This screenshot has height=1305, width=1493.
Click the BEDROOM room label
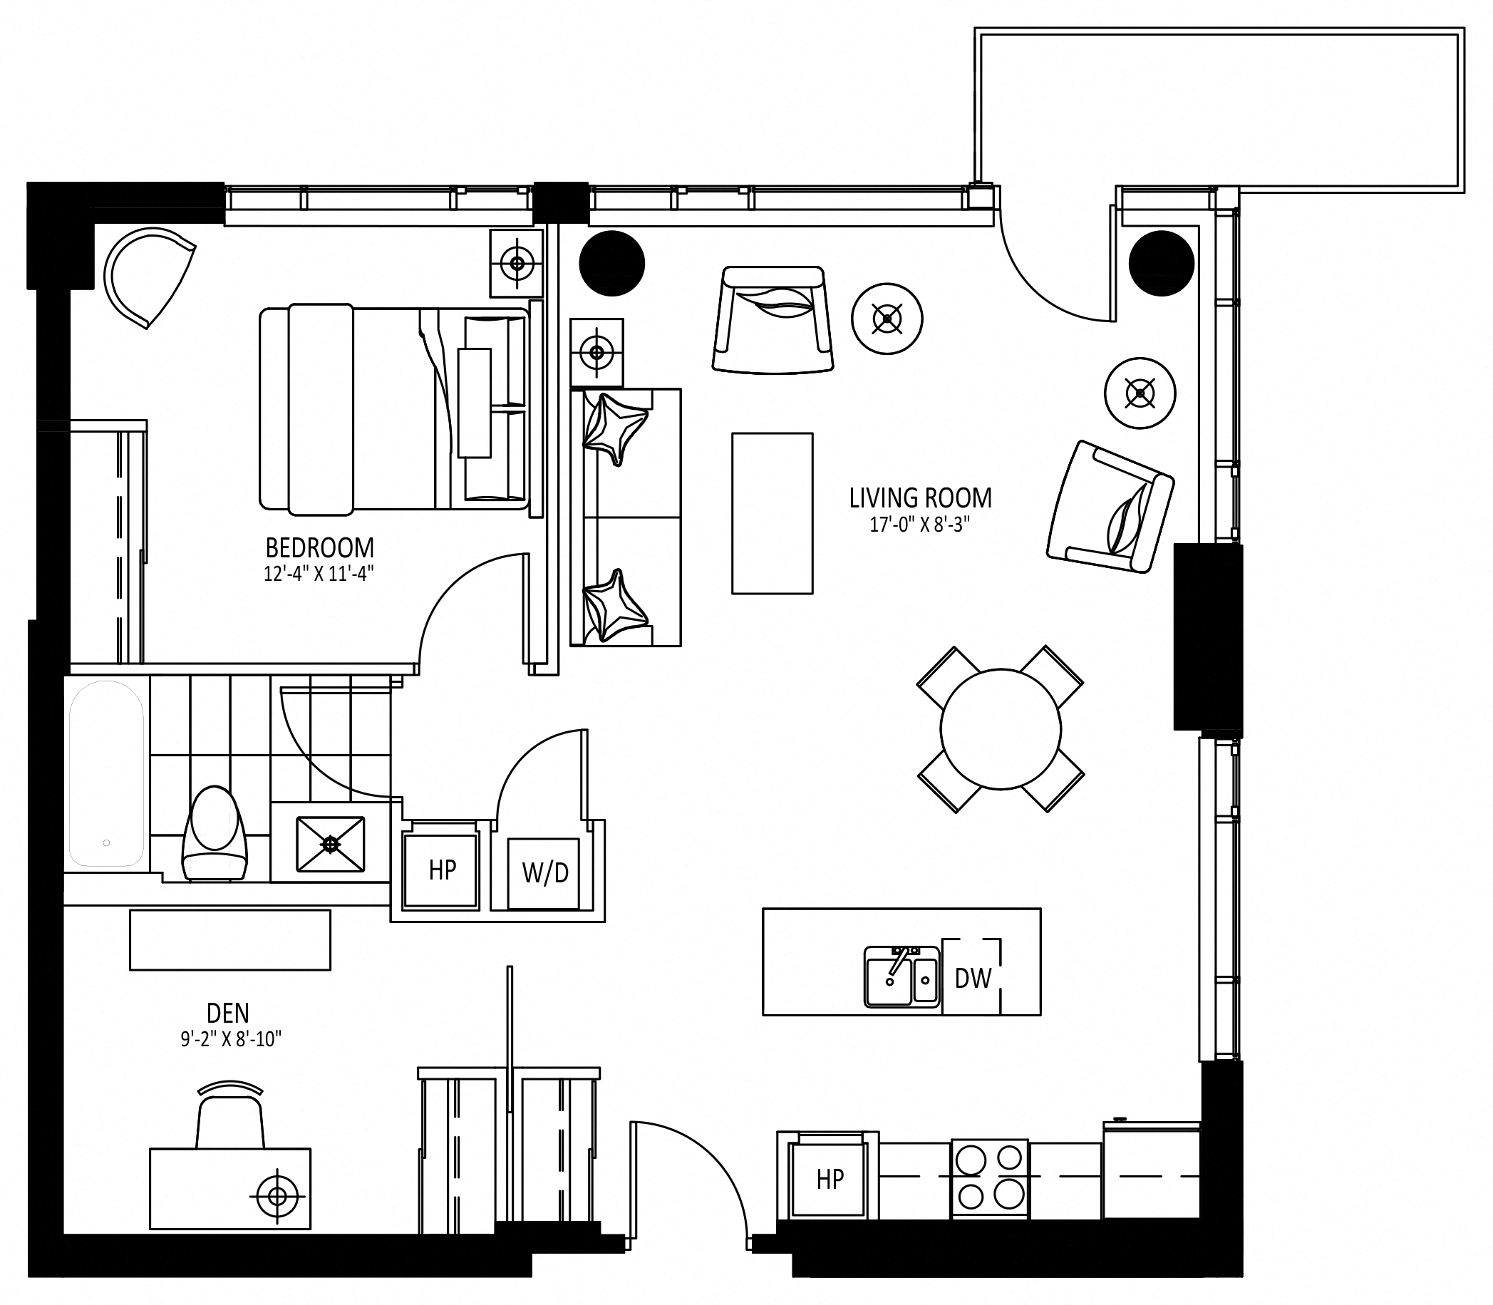pos(320,547)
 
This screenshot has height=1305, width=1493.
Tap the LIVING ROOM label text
pos(921,498)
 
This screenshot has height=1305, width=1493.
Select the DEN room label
pos(228,1012)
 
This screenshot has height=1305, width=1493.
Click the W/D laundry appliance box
pos(544,873)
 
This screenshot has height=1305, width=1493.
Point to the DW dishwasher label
pos(973,978)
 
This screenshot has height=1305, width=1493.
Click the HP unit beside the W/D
pos(441,870)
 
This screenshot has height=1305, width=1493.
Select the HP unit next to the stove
pos(830,1179)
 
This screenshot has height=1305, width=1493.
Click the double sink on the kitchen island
pos(902,977)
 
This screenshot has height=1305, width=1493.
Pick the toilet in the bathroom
pos(215,833)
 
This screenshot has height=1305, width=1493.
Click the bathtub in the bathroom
pos(106,773)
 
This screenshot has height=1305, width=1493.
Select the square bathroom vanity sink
pos(330,843)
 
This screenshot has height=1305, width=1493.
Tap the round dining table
pos(1000,728)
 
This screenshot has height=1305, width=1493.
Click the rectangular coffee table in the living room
pos(772,513)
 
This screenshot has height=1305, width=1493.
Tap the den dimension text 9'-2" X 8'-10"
pos(231,1039)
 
